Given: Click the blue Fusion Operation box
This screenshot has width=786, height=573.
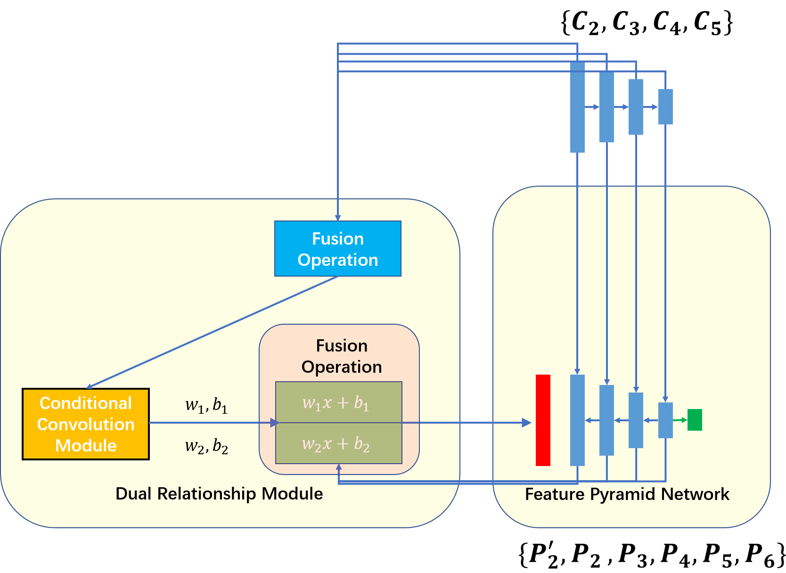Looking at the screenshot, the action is point(337,248).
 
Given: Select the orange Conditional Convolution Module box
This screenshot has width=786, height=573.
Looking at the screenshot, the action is point(86,424).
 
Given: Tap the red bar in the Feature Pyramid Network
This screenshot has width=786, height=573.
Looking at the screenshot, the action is point(543,420).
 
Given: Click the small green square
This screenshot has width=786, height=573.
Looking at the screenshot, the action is point(695,420).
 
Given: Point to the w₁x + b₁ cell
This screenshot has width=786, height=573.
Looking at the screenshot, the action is point(339,402).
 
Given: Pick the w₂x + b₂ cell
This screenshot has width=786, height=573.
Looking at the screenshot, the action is point(339,443).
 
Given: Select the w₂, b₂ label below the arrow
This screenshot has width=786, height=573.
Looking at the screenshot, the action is point(206,446).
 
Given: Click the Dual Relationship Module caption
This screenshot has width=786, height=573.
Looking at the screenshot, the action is point(219,494).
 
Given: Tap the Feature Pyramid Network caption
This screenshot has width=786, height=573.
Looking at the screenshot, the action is point(627,494).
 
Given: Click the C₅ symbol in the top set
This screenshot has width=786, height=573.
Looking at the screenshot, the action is point(707,23).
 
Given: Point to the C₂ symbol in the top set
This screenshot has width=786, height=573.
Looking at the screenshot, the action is point(585,23).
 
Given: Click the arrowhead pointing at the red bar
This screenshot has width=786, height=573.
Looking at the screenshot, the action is point(526,423).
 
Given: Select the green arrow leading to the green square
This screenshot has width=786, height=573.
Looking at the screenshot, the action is point(680,420).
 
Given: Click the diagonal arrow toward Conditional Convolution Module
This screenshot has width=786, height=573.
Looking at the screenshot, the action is point(212,332).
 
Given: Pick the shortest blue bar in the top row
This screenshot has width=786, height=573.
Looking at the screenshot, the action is point(665,106).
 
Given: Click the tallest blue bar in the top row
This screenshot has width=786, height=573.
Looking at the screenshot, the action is point(577,107).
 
